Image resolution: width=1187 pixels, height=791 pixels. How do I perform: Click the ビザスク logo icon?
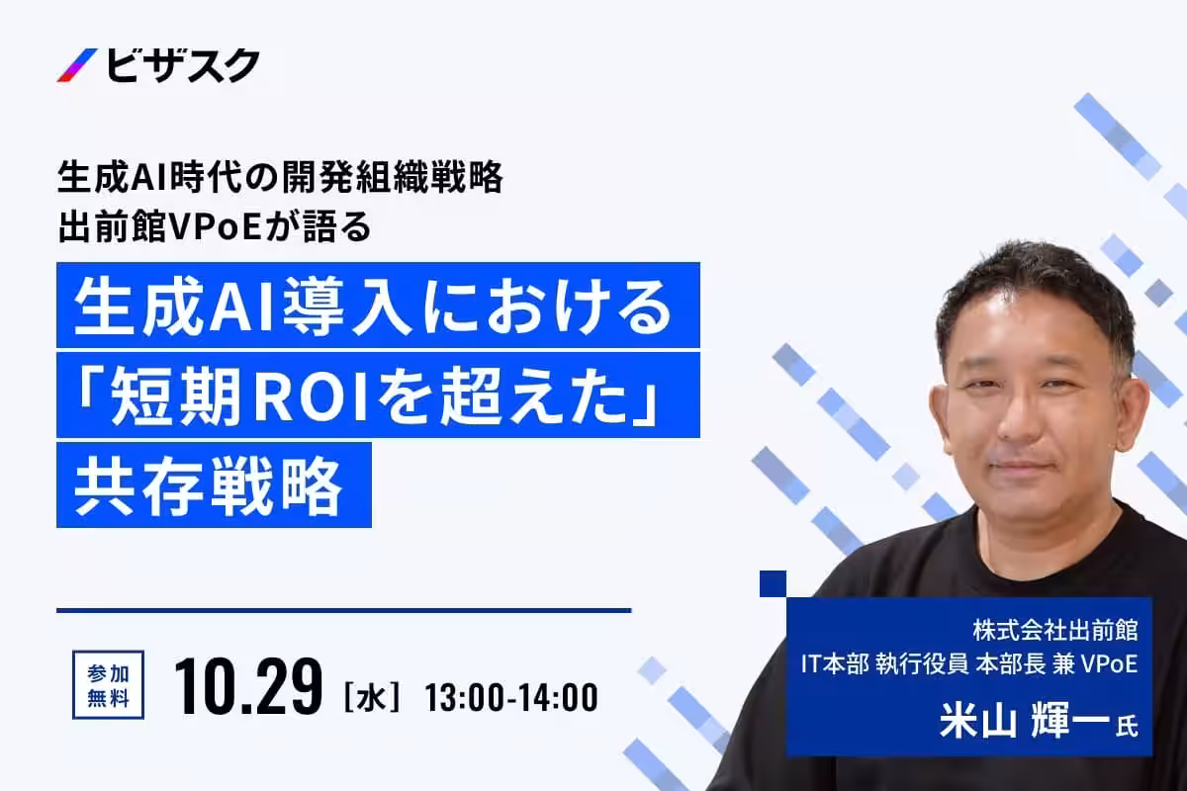point(77,65)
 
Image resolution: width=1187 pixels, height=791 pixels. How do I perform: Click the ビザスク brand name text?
point(182,65)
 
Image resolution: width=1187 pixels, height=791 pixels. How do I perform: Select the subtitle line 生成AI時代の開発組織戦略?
point(281,178)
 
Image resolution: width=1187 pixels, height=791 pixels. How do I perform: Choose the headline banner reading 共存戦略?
point(214,484)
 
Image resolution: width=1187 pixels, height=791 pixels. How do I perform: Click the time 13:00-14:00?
point(511,698)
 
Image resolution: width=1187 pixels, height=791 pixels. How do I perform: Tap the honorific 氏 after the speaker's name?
point(1127,728)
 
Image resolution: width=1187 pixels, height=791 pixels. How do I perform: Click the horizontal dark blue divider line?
point(343,610)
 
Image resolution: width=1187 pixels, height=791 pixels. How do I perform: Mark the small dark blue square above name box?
point(773,583)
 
